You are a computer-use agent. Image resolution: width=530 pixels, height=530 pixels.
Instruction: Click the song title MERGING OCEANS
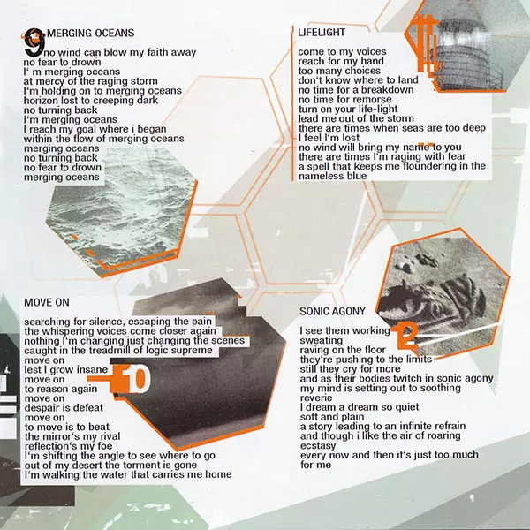(x=91, y=33)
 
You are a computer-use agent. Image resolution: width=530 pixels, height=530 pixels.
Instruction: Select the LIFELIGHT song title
(x=322, y=32)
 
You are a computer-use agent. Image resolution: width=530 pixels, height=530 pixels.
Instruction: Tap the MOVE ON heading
(x=47, y=302)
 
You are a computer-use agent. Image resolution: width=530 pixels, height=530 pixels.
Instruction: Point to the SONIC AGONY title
(x=332, y=311)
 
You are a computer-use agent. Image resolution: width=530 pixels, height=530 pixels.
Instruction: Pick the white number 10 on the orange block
(x=134, y=379)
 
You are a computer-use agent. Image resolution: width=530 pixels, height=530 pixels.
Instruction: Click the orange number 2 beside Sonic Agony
(x=406, y=336)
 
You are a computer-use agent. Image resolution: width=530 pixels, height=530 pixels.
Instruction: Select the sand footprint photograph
(x=443, y=294)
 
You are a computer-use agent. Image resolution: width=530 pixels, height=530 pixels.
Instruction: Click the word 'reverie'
(x=316, y=398)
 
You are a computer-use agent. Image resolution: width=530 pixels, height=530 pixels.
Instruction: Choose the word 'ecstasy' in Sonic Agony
(x=318, y=446)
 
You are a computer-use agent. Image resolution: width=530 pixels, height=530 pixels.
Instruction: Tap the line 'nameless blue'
(x=333, y=176)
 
